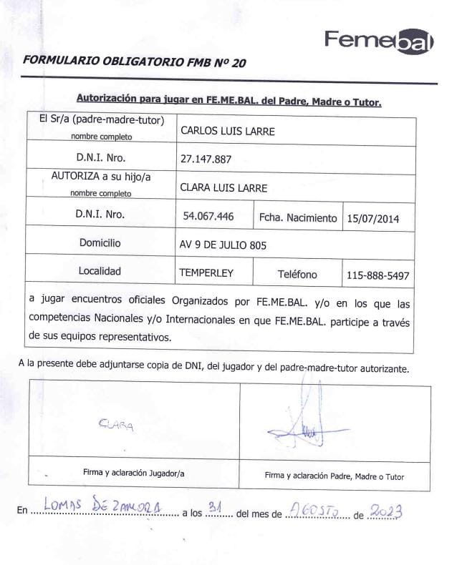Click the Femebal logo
(378, 41)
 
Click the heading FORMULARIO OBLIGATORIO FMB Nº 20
(135, 62)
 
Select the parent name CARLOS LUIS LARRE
(227, 131)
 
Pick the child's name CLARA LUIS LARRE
(223, 188)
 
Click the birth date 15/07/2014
(372, 218)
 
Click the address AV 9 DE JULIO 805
(223, 245)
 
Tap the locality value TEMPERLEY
(206, 273)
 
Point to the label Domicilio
(100, 243)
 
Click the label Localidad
(100, 271)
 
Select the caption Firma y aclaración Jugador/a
(134, 473)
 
